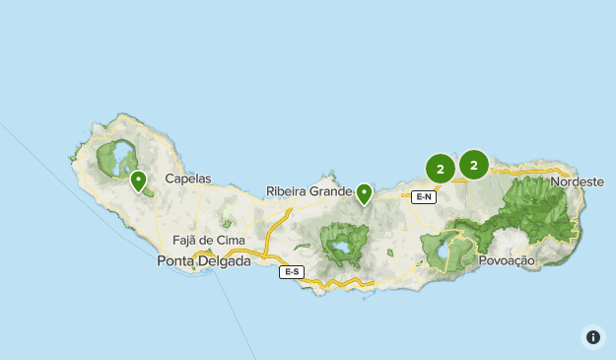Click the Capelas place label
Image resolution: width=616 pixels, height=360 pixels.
click(188, 180)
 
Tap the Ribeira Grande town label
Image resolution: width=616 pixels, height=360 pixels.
click(308, 191)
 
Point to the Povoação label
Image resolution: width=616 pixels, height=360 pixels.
click(506, 260)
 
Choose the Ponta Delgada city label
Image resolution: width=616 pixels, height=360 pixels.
click(204, 261)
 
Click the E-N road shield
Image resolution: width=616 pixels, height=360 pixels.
click(424, 197)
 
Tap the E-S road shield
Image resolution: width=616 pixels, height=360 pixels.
click(291, 272)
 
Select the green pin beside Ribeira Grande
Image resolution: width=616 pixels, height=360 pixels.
click(365, 193)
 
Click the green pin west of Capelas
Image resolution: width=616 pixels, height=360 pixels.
click(138, 180)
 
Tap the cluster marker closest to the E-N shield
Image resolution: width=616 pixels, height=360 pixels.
click(440, 169)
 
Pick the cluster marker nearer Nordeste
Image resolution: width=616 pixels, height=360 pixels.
click(474, 165)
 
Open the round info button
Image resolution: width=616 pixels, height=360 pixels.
click(593, 337)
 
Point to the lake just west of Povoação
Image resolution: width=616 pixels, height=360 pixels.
click(445, 252)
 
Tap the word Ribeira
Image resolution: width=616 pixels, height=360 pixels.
click(287, 191)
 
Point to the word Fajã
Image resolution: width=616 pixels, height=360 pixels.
click(185, 240)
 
